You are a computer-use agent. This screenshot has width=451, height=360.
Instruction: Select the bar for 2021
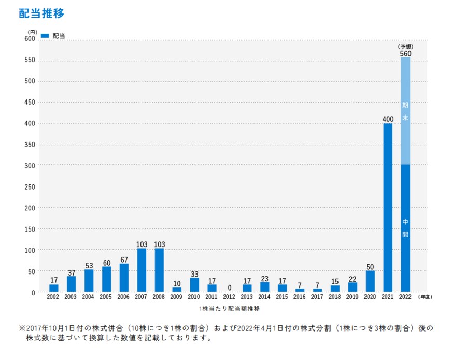388,207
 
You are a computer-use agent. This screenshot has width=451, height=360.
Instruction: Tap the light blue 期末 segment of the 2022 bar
405,111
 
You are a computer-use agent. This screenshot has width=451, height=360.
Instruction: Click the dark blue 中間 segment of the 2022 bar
405,228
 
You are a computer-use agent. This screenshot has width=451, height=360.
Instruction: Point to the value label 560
405,53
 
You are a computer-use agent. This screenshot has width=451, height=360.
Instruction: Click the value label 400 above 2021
388,119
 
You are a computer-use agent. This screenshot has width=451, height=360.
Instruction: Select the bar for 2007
142,270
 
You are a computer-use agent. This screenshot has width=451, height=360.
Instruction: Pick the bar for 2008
159,270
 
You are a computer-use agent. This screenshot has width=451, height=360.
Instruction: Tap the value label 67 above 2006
124,259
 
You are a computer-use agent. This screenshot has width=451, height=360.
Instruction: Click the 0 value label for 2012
229,287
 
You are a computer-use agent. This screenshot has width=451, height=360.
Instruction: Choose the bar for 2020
370,281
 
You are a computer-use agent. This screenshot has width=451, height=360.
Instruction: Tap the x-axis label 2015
282,297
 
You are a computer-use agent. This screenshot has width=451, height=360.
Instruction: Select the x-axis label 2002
53,297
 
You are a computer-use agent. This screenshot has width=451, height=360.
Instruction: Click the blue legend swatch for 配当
45,36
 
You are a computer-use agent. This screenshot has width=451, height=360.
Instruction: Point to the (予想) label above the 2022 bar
405,46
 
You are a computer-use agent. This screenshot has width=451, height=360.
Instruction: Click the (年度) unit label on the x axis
425,297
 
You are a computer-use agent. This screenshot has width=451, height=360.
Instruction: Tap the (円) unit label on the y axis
33,32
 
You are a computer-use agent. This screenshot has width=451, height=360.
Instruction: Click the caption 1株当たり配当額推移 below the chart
229,309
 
